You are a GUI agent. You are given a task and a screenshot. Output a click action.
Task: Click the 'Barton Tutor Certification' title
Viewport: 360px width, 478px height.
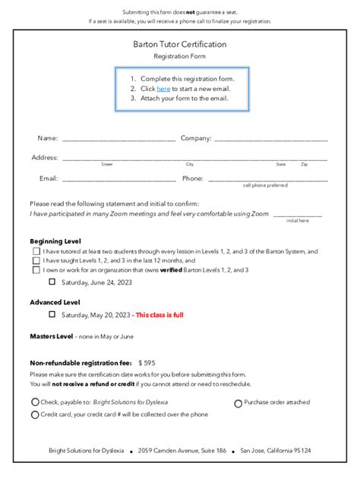[180, 45]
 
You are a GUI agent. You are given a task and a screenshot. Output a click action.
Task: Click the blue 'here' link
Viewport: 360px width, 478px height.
[163, 89]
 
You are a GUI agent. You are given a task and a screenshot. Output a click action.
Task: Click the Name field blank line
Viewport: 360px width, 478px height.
[118, 140]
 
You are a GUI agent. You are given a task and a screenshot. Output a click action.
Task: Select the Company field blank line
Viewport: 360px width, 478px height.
[271, 140]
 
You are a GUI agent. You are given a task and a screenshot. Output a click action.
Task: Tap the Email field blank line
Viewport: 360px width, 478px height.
[118, 180]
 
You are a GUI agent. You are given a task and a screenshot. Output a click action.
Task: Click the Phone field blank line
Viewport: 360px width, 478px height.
[267, 180]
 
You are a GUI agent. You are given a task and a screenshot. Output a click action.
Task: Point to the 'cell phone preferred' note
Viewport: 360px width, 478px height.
[265, 185]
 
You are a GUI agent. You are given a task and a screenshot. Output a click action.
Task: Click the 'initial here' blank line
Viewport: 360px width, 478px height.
[297, 215]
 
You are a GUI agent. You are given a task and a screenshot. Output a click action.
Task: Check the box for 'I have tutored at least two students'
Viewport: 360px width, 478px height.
[36, 251]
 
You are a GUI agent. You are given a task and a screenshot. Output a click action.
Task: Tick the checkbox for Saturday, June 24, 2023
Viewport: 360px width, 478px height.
[52, 281]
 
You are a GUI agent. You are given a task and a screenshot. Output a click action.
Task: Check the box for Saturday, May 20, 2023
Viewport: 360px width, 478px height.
[52, 314]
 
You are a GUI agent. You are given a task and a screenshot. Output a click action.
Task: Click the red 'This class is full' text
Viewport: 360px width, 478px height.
[159, 315]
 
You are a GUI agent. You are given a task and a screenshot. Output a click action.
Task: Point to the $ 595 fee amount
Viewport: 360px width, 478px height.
[147, 363]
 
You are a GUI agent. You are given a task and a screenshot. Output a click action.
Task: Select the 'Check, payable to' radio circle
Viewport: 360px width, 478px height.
[35, 402]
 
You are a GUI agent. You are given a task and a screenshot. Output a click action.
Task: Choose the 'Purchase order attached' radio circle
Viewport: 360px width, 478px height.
[238, 404]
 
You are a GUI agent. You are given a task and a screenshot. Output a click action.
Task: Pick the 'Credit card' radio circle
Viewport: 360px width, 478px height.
[35, 415]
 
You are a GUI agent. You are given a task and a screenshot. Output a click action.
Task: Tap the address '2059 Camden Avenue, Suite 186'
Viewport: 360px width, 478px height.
[182, 451]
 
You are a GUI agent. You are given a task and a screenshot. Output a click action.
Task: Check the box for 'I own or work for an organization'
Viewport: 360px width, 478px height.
[36, 269]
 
